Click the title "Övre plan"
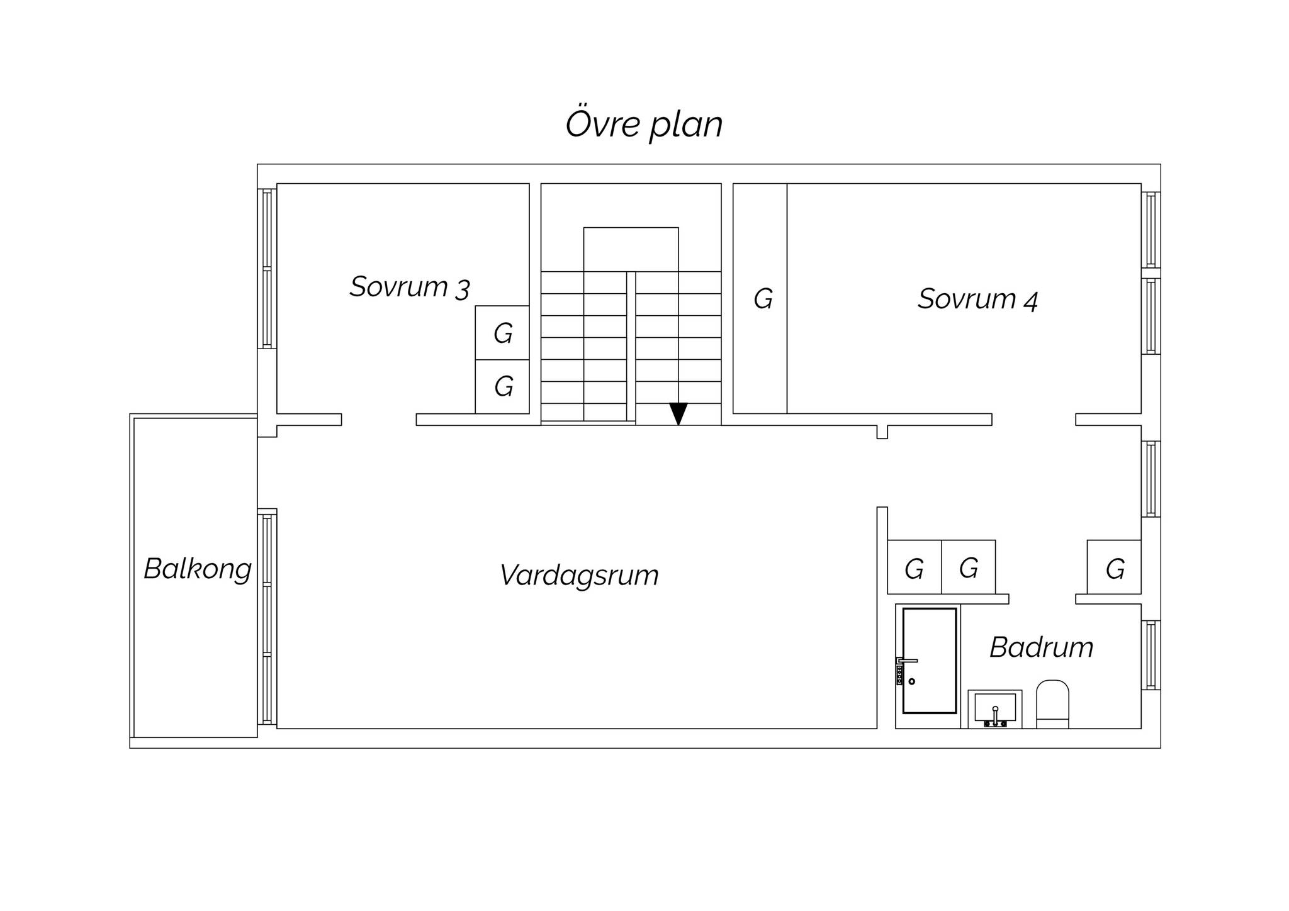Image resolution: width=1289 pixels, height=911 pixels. [644, 124]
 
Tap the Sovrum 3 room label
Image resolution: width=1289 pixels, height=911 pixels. [410, 287]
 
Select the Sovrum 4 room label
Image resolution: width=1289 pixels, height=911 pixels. [977, 299]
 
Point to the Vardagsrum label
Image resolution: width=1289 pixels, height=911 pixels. [579, 575]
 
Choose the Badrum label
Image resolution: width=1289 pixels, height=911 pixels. [1042, 647]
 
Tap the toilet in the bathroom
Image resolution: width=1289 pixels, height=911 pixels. [1052, 703]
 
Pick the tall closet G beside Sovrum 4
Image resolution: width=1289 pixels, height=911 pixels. [760, 298]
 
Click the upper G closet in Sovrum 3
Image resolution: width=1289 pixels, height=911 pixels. [502, 333]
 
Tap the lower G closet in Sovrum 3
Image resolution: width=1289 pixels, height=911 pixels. [502, 386]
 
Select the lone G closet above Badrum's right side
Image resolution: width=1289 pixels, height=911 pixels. [1114, 567]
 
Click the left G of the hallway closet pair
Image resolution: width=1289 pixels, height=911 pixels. [915, 567]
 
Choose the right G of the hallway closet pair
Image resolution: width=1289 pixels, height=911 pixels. [969, 567]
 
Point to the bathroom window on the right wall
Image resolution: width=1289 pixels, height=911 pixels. [1151, 655]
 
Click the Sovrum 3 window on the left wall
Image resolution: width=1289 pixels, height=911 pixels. [267, 269]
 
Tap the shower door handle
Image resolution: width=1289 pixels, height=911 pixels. [907, 661]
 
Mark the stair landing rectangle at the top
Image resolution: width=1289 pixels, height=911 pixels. [631, 250]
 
